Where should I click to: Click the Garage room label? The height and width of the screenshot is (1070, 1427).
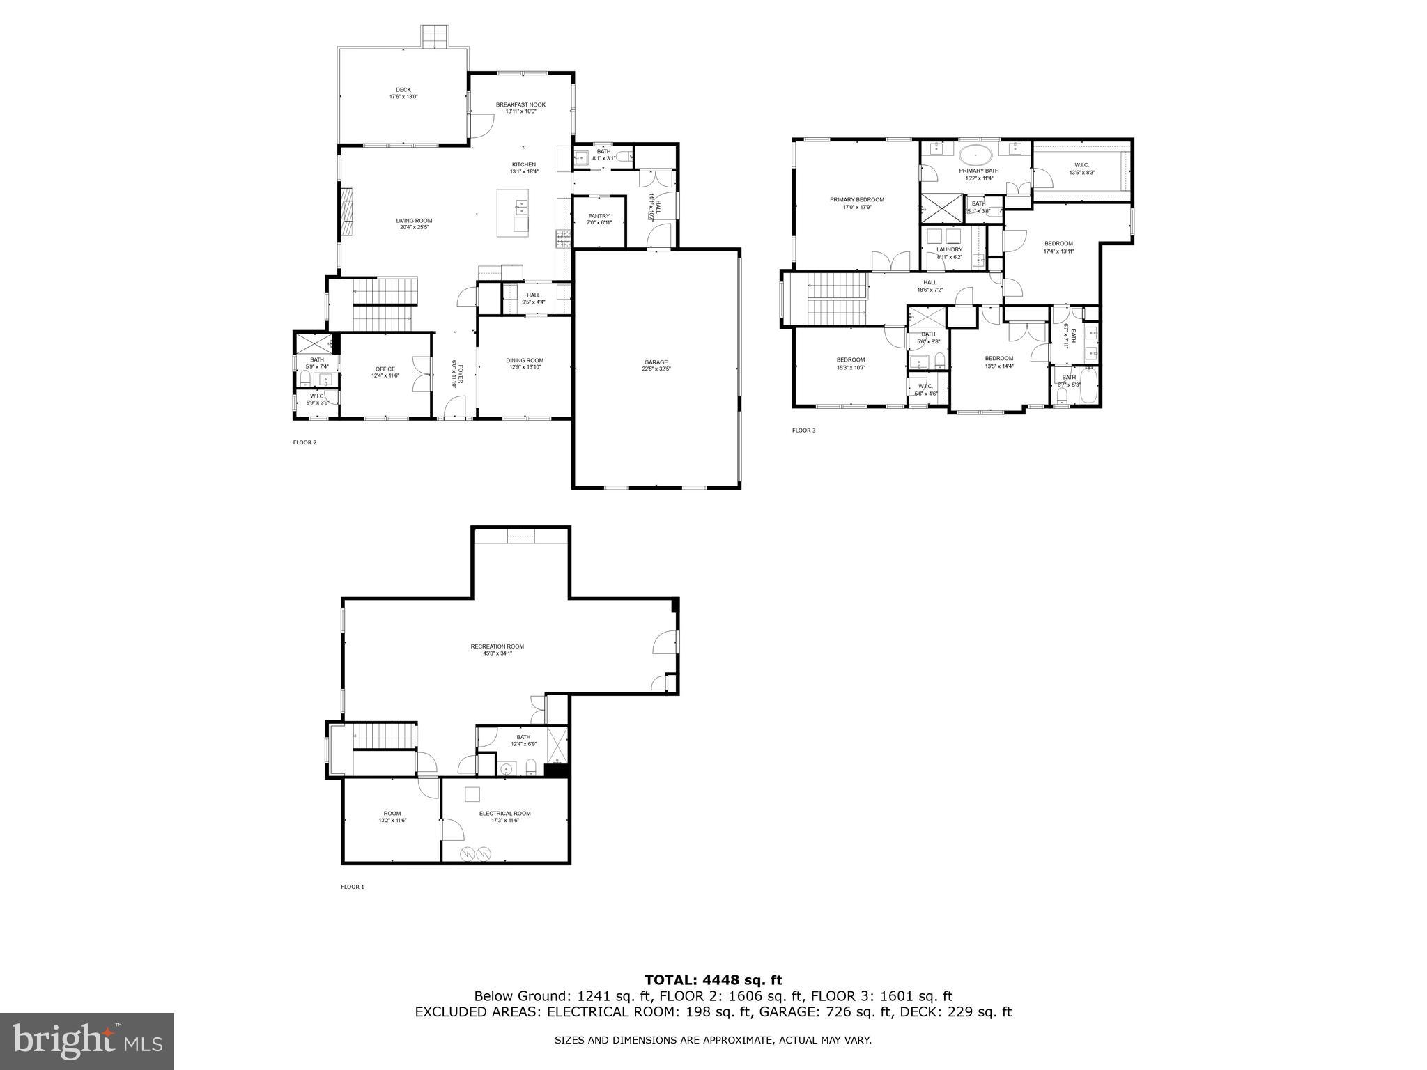click(656, 362)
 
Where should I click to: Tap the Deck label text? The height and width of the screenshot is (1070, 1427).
click(403, 90)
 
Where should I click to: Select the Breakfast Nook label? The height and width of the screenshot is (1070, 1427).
click(520, 104)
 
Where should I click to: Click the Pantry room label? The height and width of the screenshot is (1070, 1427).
click(599, 216)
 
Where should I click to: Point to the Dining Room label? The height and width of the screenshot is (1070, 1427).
click(524, 361)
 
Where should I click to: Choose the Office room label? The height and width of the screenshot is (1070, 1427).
click(385, 369)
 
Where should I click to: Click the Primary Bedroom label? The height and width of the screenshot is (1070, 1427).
click(856, 200)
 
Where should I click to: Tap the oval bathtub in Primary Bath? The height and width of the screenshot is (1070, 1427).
click(978, 155)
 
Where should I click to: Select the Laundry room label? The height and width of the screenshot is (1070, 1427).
click(949, 249)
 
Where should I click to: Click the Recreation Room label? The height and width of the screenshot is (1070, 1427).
click(497, 646)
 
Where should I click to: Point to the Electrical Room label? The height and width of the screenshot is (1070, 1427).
click(504, 814)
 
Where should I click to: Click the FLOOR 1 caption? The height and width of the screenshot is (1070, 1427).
click(352, 887)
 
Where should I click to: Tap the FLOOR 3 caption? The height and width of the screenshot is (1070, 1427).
click(803, 431)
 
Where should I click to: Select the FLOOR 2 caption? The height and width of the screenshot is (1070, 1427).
click(304, 442)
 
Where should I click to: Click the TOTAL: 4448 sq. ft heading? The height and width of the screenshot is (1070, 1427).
click(713, 980)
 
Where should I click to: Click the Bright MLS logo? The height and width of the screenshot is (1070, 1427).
click(87, 1041)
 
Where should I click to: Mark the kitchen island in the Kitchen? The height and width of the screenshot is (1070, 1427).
click(512, 212)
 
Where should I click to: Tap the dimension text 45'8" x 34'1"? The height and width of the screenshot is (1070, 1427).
click(497, 653)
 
